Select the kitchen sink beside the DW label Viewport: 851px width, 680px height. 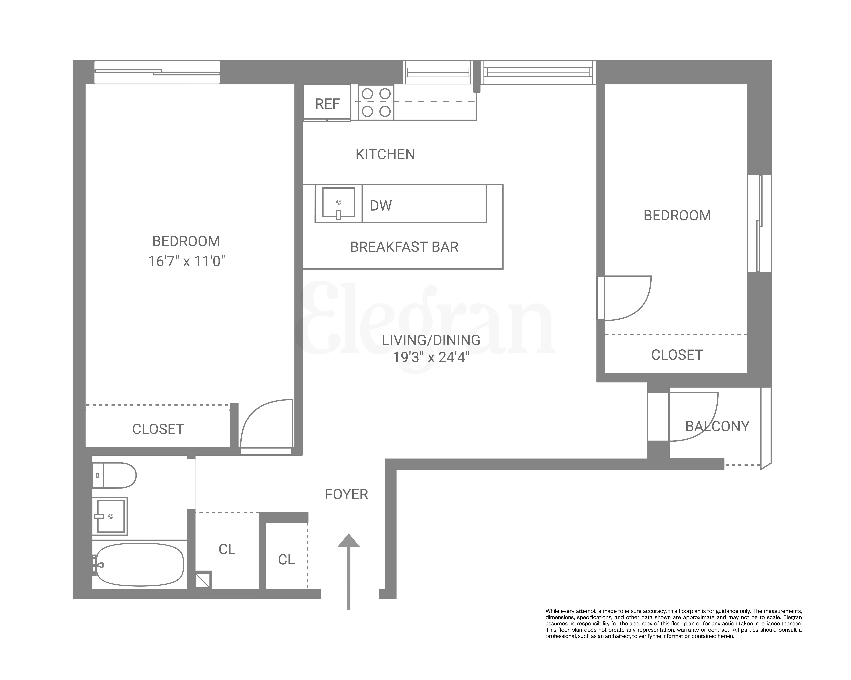coord(338,203)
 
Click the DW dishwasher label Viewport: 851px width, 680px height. coord(381,205)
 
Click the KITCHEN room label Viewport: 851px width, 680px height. coord(385,154)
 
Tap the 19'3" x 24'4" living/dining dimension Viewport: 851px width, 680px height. coord(431,357)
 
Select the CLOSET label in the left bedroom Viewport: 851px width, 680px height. coord(158,429)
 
